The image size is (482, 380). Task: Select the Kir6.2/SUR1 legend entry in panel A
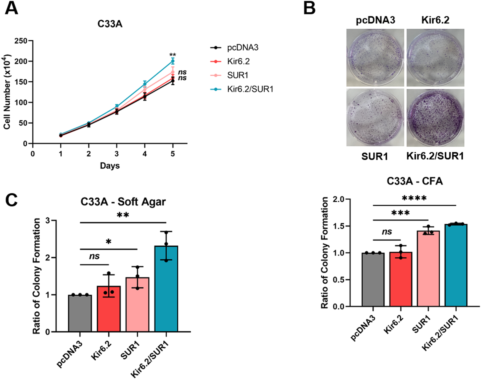click(250, 89)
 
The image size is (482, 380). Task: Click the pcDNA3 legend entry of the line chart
click(242, 48)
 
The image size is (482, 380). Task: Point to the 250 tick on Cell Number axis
click(21, 41)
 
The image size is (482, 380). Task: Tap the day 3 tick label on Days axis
click(117, 154)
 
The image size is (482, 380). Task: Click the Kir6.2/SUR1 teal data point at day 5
click(173, 61)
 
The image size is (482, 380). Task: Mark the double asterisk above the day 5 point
click(173, 55)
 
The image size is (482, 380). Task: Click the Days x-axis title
click(110, 166)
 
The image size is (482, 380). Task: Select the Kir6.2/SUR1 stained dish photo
click(435, 118)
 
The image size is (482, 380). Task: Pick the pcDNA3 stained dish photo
click(375, 58)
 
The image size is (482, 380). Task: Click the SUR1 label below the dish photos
click(375, 157)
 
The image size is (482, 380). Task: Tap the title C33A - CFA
click(415, 181)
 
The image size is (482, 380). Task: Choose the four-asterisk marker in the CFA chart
click(414, 198)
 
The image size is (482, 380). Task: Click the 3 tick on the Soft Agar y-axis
click(48, 221)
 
